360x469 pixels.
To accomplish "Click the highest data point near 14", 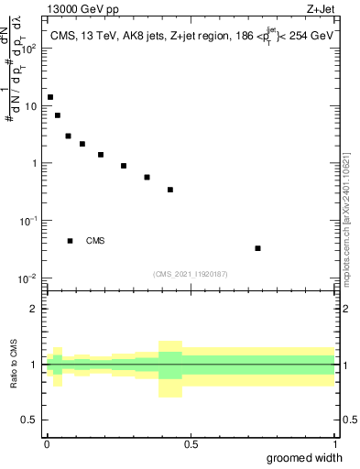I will pos(50,97).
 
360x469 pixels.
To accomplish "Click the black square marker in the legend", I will pos(71,241).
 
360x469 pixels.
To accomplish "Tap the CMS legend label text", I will pos(95,241).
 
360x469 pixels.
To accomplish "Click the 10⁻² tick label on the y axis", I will pos(28,278).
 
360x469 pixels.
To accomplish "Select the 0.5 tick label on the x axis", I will pos(191,444).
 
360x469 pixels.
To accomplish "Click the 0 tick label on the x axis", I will pos(46,444).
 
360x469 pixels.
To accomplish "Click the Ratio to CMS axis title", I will pos(14,365).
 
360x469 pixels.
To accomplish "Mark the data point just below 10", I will pos(58,115).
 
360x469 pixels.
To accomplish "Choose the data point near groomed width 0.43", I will pos(170,190).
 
